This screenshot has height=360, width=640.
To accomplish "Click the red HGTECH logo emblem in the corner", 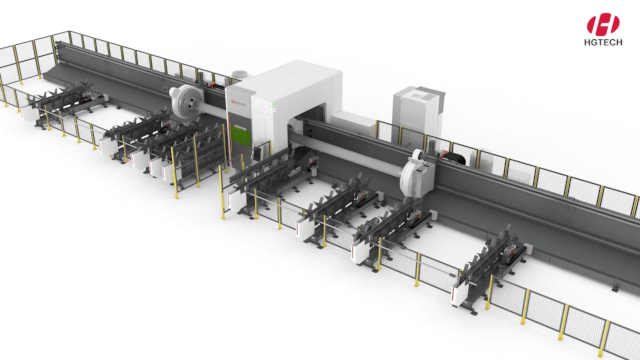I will tap(603, 24).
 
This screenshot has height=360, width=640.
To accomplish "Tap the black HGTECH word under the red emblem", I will tap(603, 43).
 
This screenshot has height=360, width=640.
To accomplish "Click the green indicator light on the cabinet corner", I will tap(272, 106).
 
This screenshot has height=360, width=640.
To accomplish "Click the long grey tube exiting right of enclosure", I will tap(350, 155).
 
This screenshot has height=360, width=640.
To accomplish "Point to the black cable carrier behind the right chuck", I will tap(456, 157).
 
